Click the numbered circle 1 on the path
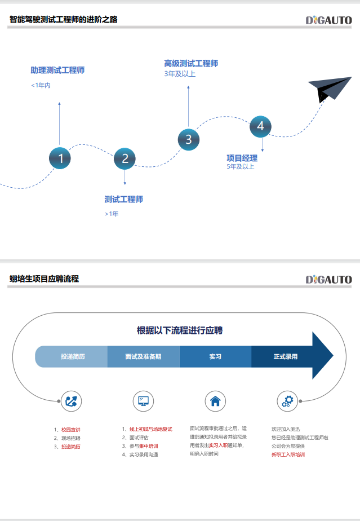tap(60, 158)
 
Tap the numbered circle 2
tap(125, 158)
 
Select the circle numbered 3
tap(189, 139)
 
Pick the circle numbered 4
tap(260, 126)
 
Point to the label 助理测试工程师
tap(57, 70)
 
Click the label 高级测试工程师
tap(191, 63)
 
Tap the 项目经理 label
tap(242, 158)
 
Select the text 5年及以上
tap(241, 166)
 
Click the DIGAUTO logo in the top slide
tap(328, 20)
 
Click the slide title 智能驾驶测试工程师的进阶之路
tap(64, 20)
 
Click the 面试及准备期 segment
tap(143, 356)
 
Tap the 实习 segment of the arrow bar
tap(215, 356)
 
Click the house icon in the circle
tap(215, 401)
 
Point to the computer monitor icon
tap(143, 401)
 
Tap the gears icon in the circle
tap(287, 401)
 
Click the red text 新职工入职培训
tap(287, 454)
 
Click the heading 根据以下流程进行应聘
tap(180, 330)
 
